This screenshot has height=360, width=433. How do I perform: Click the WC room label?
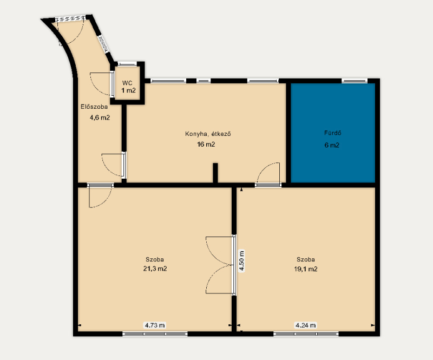pos(127,83)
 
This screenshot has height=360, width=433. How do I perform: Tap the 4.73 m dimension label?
pos(155,325)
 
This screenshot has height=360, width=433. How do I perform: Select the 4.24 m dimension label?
pos(305,325)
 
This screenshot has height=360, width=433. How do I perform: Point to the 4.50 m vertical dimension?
pos(241,261)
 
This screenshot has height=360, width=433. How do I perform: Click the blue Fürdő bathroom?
pos(333,133)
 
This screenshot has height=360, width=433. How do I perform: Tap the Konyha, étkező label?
pos(208,134)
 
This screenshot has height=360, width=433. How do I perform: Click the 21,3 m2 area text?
pos(155,269)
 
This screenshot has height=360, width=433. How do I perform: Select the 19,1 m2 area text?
pos(306,269)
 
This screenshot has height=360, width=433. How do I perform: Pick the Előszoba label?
pos(94,107)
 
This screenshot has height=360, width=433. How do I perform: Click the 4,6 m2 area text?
pos(100,117)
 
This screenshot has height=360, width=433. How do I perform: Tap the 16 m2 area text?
pos(206,144)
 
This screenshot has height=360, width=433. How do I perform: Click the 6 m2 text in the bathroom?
pos(332,145)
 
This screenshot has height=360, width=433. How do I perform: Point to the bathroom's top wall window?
pos(355,81)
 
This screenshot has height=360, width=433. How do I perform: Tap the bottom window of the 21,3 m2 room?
pos(155,334)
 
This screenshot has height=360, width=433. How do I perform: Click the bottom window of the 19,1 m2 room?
pos(306,334)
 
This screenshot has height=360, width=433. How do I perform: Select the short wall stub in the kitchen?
pos(215,173)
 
